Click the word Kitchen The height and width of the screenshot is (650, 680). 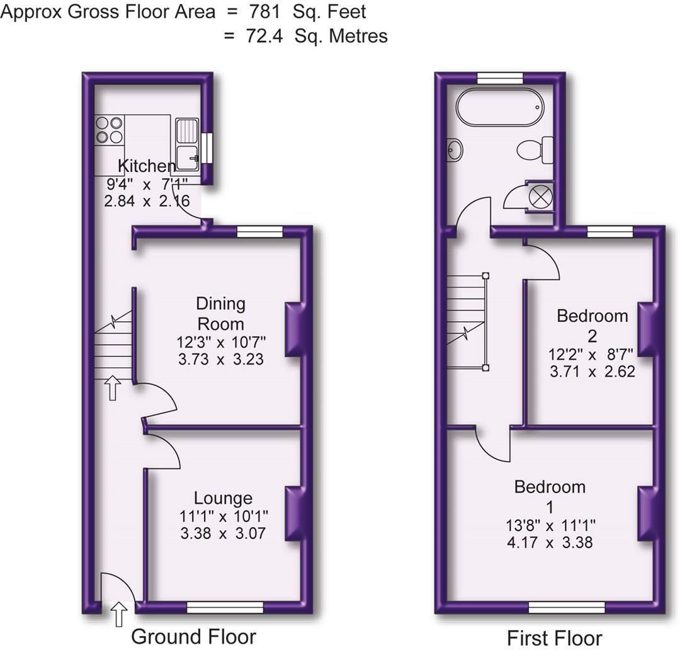click(147, 166)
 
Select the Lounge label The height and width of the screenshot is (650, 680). click(223, 498)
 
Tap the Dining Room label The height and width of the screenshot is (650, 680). click(220, 313)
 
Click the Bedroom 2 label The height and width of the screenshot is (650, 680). click(592, 324)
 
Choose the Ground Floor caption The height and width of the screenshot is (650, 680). click(193, 636)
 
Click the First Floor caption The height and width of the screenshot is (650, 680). click(555, 637)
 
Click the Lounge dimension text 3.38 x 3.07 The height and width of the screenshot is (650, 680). click(223, 533)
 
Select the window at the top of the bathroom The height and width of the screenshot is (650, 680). click(500, 77)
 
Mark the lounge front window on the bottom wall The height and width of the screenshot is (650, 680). click(225, 607)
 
